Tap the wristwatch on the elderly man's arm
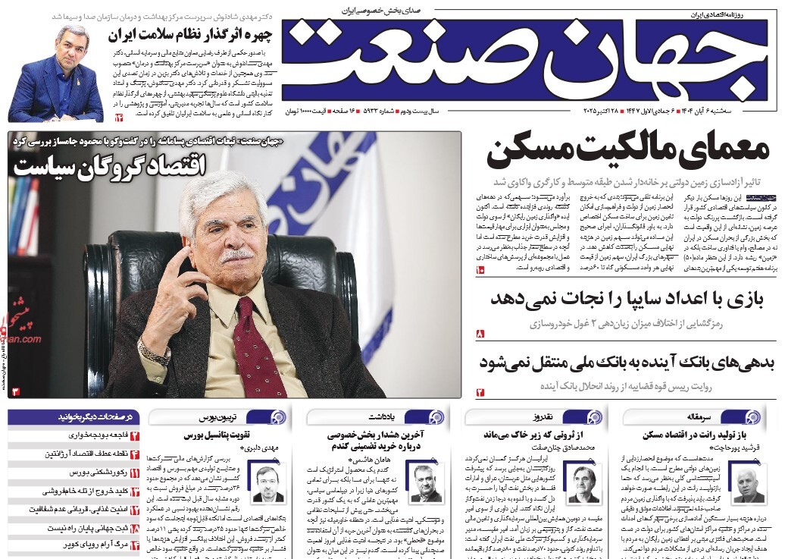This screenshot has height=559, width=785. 153,353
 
